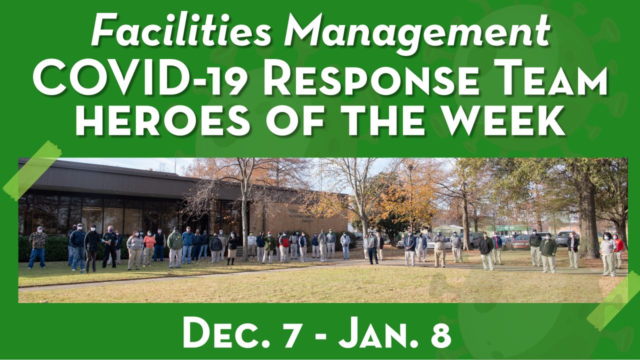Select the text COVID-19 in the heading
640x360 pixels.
pyautogui.click(x=139, y=77)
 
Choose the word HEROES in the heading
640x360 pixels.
pyautogui.click(x=162, y=120)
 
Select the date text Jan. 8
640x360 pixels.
pyautogui.click(x=395, y=332)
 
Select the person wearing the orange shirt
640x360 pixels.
pyautogui.click(x=149, y=248)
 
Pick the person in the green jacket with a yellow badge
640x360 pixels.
pyautogui.click(x=175, y=247)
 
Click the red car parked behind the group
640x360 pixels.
pyautogui.click(x=521, y=242)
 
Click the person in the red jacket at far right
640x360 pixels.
pyautogui.click(x=618, y=251)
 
